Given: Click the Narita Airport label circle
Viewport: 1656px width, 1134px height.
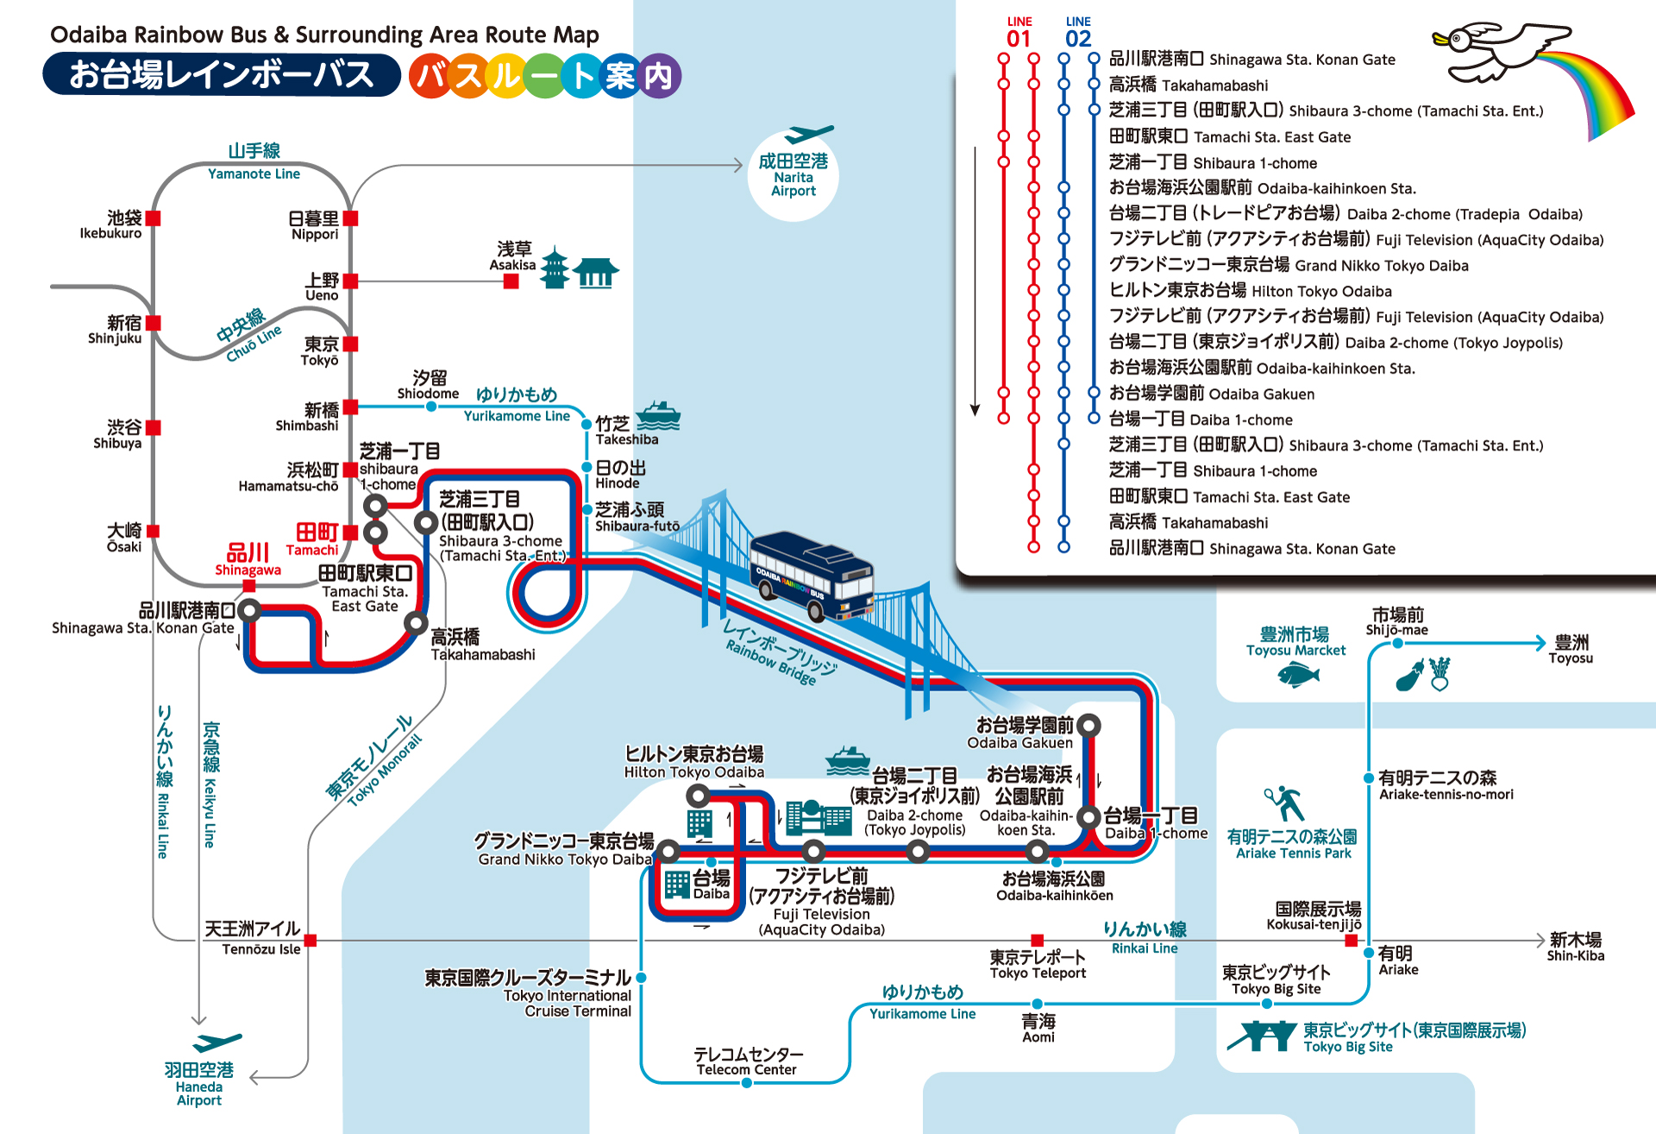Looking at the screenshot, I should [x=793, y=174].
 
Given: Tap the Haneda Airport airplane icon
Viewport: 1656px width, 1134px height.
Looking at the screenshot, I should [x=216, y=1042].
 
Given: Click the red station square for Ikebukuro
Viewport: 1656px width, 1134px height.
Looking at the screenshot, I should [x=154, y=218].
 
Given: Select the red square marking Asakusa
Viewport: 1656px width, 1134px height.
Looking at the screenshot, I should [x=511, y=281].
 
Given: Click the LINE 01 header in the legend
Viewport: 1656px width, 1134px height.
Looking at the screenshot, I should [x=1019, y=33].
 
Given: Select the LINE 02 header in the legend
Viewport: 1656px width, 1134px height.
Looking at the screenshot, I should [x=1078, y=33].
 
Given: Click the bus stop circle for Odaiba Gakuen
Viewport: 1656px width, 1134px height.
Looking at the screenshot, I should [x=1089, y=726].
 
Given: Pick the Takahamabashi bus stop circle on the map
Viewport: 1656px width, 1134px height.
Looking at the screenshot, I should [x=416, y=622].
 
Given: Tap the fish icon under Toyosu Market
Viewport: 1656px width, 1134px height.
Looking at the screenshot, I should [x=1298, y=675].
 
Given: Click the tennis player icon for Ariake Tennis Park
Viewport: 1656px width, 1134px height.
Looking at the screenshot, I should [x=1285, y=803].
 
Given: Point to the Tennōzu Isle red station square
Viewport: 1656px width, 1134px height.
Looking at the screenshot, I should [x=310, y=940].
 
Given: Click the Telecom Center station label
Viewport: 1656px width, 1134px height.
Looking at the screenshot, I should [x=748, y=1062].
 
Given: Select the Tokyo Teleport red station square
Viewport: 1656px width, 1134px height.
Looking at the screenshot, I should [x=1038, y=940].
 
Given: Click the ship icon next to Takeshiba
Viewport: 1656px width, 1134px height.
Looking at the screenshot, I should [x=658, y=415].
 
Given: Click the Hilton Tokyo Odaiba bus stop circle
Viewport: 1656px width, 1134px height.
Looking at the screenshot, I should [x=699, y=795].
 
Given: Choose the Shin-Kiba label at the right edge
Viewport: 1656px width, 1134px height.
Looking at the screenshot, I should [x=1575, y=946].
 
